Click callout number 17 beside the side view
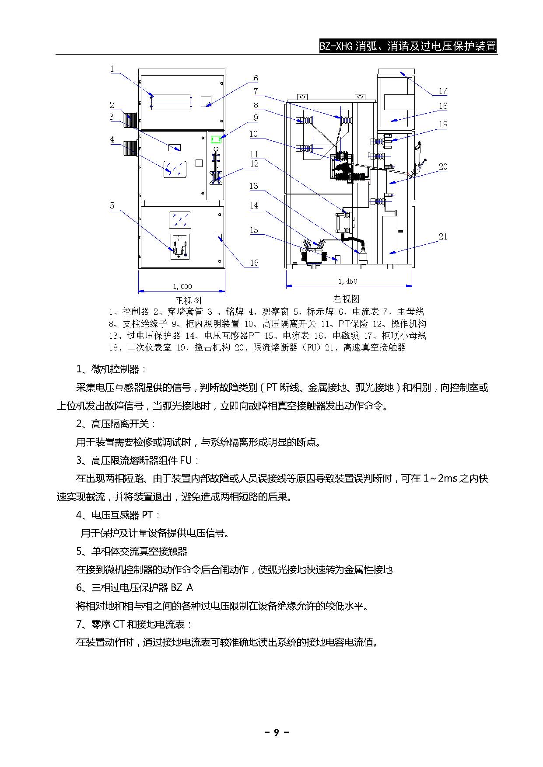tap(443, 91)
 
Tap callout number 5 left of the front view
tap(112, 205)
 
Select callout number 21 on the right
tap(443, 236)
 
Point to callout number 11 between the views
tap(254, 154)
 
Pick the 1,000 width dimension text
tap(182, 287)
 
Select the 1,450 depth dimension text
tap(348, 281)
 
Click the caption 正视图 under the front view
tap(188, 301)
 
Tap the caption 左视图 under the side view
tap(347, 299)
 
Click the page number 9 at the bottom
tap(276, 732)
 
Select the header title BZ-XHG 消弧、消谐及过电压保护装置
tap(408, 46)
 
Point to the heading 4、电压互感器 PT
tap(118, 515)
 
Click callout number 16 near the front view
tap(254, 263)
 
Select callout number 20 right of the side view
tap(443, 167)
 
